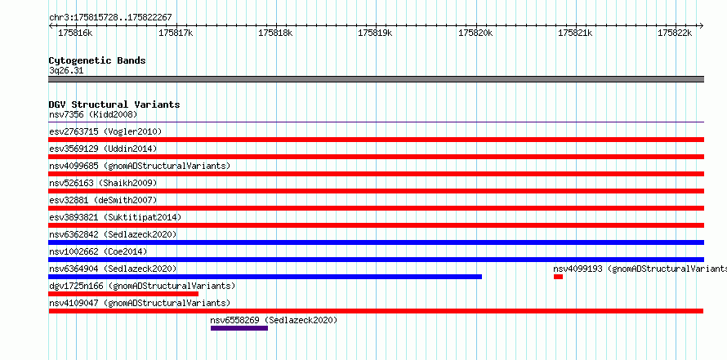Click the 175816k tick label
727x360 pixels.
click(75, 33)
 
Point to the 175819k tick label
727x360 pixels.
click(375, 33)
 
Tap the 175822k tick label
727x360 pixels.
click(675, 33)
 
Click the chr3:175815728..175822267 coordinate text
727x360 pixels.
click(110, 18)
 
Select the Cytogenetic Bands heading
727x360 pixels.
click(97, 60)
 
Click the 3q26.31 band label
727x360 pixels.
click(66, 71)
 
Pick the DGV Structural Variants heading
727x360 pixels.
click(114, 104)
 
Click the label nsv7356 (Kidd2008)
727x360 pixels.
click(93, 114)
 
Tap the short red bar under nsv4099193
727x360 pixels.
click(558, 277)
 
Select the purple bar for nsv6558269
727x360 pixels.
click(239, 328)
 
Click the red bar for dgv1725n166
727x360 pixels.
click(123, 294)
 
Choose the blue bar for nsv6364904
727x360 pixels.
click(265, 277)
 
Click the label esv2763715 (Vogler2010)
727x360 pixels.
click(105, 131)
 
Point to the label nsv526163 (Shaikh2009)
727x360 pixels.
click(103, 183)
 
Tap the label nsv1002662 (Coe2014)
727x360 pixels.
click(98, 251)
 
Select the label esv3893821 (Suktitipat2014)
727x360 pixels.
click(115, 217)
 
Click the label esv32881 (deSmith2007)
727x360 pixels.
click(103, 200)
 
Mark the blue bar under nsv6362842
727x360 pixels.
click(377, 242)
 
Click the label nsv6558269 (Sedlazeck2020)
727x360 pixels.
click(274, 320)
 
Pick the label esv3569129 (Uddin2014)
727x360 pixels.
click(103, 149)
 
